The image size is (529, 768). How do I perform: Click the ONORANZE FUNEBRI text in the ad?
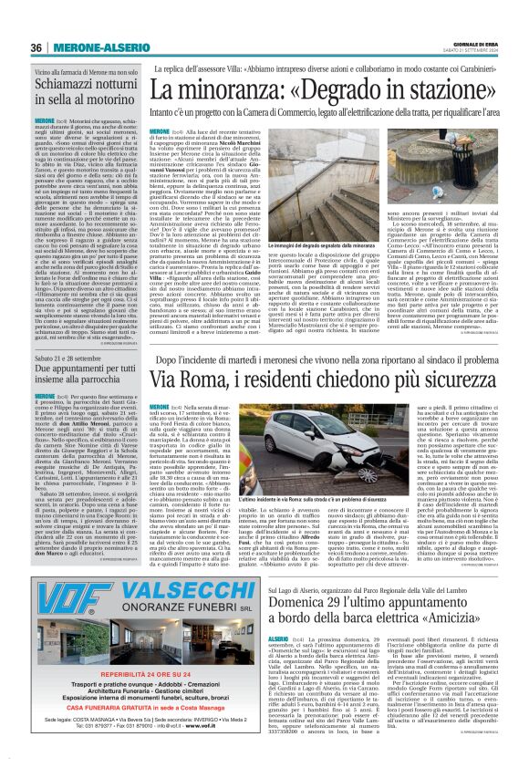pos(141,615)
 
